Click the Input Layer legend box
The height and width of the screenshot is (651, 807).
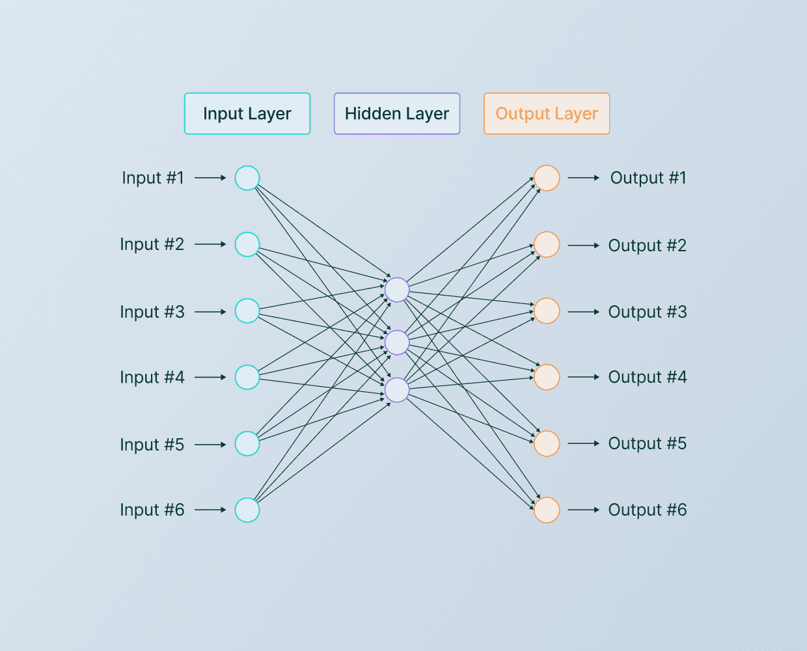tap(247, 114)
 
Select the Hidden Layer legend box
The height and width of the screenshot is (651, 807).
tap(397, 114)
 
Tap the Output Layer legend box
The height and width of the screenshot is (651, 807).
tap(547, 114)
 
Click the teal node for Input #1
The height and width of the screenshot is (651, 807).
tap(247, 178)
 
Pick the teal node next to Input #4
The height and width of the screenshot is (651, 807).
tap(247, 377)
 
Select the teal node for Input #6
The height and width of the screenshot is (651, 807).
tap(247, 510)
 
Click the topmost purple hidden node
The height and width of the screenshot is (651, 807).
tap(397, 290)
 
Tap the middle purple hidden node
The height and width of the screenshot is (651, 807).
tap(397, 342)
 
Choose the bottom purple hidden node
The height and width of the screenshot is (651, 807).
tap(397, 390)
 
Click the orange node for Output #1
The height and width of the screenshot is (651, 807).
tap(547, 178)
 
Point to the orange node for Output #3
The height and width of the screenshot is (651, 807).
tap(547, 311)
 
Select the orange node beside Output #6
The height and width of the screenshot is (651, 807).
tap(547, 510)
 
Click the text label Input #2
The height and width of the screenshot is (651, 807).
tap(152, 245)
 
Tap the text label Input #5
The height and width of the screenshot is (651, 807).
tap(152, 445)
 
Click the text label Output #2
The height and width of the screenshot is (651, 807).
tap(648, 246)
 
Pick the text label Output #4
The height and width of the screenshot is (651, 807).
tap(648, 378)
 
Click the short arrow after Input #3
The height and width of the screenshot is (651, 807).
tap(210, 312)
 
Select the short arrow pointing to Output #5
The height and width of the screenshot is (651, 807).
tap(584, 443)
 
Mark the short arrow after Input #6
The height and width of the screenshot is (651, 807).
tap(210, 510)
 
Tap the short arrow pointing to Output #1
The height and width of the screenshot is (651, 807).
tap(584, 178)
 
